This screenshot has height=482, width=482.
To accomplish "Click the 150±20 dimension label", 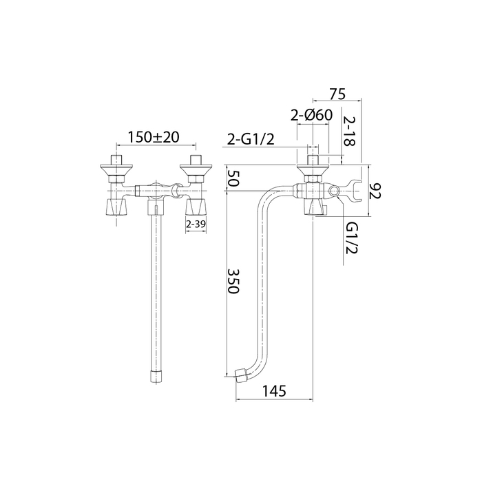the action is (153, 137).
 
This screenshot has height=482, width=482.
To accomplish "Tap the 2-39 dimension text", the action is (196, 224).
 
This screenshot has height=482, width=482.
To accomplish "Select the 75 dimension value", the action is (337, 94).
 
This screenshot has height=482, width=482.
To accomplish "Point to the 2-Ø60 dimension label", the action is (312, 115).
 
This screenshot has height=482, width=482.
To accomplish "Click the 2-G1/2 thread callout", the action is (250, 140).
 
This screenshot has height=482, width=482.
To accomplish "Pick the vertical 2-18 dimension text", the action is (348, 131).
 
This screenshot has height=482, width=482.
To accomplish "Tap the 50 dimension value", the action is (233, 178).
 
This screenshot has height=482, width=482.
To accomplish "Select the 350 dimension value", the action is (233, 281).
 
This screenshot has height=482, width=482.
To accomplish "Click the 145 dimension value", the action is (274, 391).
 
